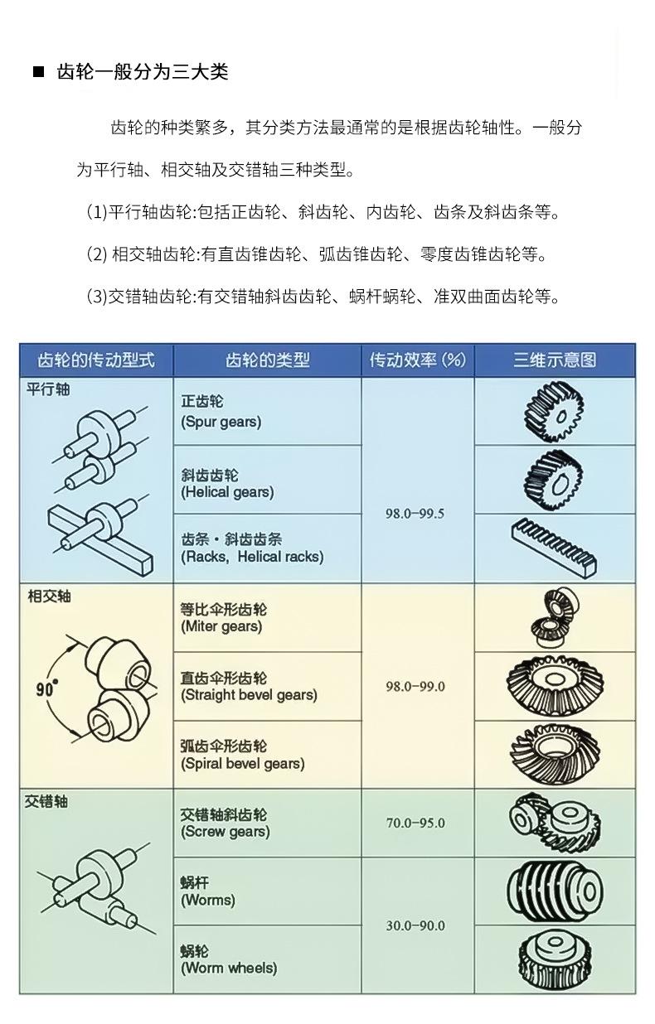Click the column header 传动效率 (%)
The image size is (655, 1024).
[418, 360]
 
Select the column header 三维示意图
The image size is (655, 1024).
[555, 360]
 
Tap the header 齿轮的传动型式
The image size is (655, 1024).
[96, 360]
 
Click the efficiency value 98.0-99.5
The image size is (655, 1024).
[415, 514]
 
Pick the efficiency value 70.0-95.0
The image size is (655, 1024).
[415, 823]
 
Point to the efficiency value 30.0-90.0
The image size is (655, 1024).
[415, 925]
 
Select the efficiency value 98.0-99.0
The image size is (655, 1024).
[415, 686]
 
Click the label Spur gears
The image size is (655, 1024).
[221, 422]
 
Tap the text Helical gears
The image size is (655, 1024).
[227, 492]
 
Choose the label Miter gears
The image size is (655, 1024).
[221, 626]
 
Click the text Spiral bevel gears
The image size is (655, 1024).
[243, 763]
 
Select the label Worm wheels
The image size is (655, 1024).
[229, 968]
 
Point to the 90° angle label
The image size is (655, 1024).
[47, 688]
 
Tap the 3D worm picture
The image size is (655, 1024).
[555, 891]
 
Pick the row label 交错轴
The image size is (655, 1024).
[46, 801]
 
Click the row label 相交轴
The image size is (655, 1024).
[50, 596]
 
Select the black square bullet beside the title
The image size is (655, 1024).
[38, 71]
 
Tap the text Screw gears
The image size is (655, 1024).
[226, 832]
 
